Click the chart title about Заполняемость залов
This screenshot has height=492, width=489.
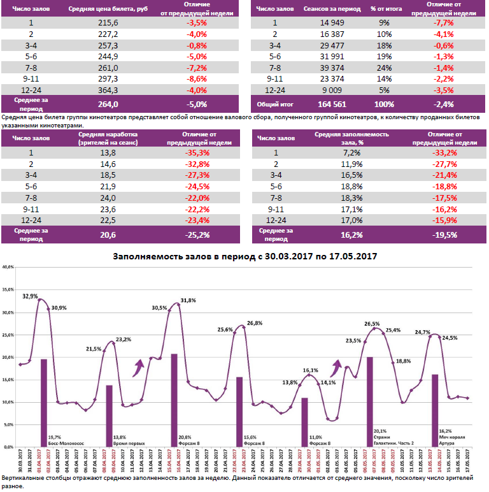(244, 256)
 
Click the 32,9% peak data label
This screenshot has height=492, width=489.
(30, 296)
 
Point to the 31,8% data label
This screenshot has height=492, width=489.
(188, 300)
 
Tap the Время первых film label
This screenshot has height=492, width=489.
(127, 442)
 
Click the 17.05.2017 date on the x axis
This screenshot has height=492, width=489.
(469, 460)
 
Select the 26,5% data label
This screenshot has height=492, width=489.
(372, 324)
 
